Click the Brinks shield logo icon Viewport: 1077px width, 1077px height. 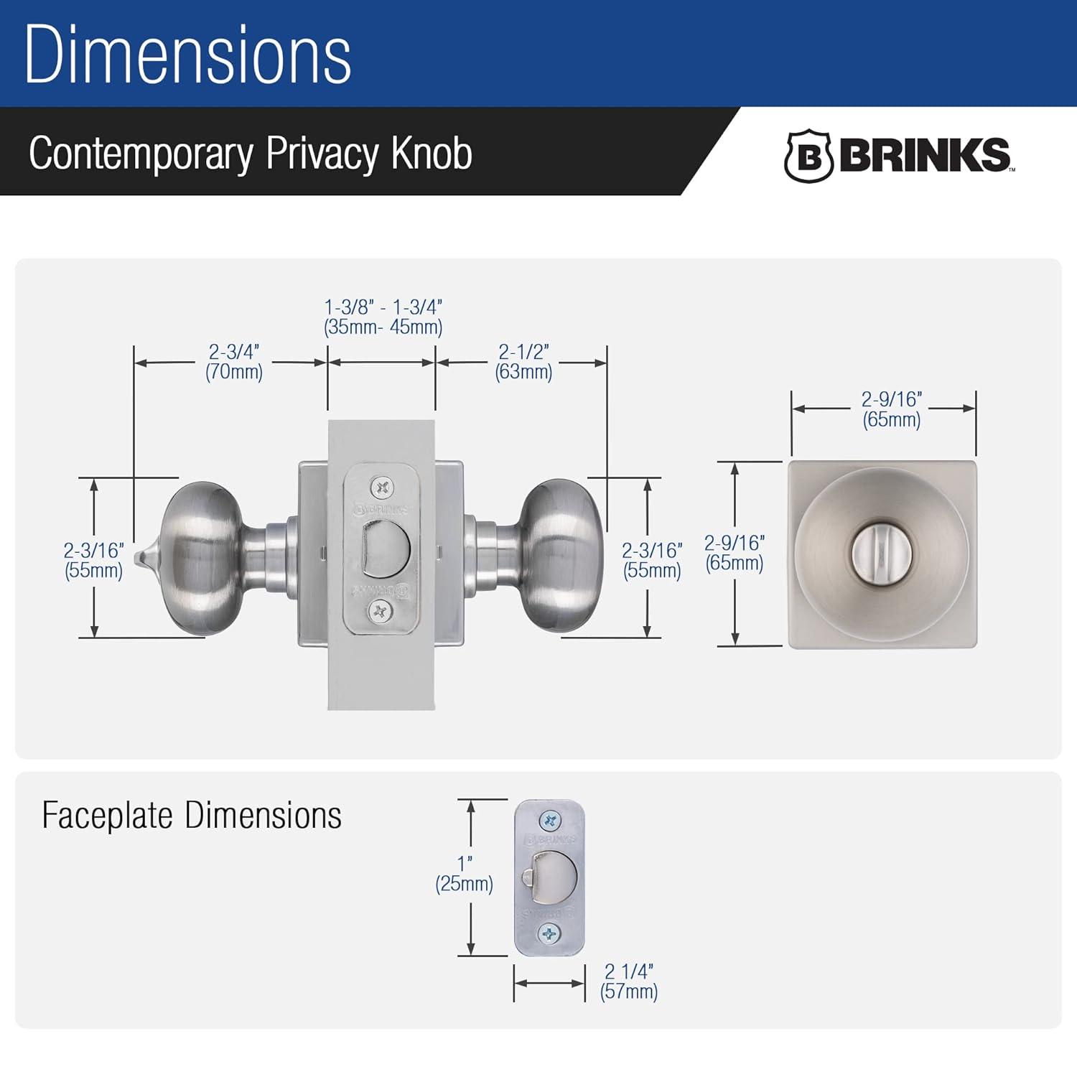(x=808, y=155)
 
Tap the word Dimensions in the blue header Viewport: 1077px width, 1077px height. (x=188, y=55)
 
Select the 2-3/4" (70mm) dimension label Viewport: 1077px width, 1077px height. (x=234, y=362)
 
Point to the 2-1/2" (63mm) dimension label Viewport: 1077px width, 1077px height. (x=523, y=362)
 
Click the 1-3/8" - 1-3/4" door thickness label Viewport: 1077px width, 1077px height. (x=383, y=317)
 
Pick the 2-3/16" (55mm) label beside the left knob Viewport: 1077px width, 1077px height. (x=93, y=560)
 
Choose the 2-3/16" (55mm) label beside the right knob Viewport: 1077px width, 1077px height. (x=651, y=560)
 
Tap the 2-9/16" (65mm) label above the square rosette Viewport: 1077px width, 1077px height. (x=892, y=409)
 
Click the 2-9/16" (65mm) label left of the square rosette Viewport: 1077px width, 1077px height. (x=734, y=553)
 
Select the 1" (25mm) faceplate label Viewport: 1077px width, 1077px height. (x=465, y=874)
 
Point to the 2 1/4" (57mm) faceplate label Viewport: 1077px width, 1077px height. (x=629, y=982)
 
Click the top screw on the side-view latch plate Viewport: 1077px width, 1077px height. (x=381, y=489)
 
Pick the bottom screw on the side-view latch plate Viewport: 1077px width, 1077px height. (x=380, y=612)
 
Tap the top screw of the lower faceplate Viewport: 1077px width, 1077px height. (x=550, y=820)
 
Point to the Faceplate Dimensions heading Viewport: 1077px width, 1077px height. (x=192, y=816)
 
